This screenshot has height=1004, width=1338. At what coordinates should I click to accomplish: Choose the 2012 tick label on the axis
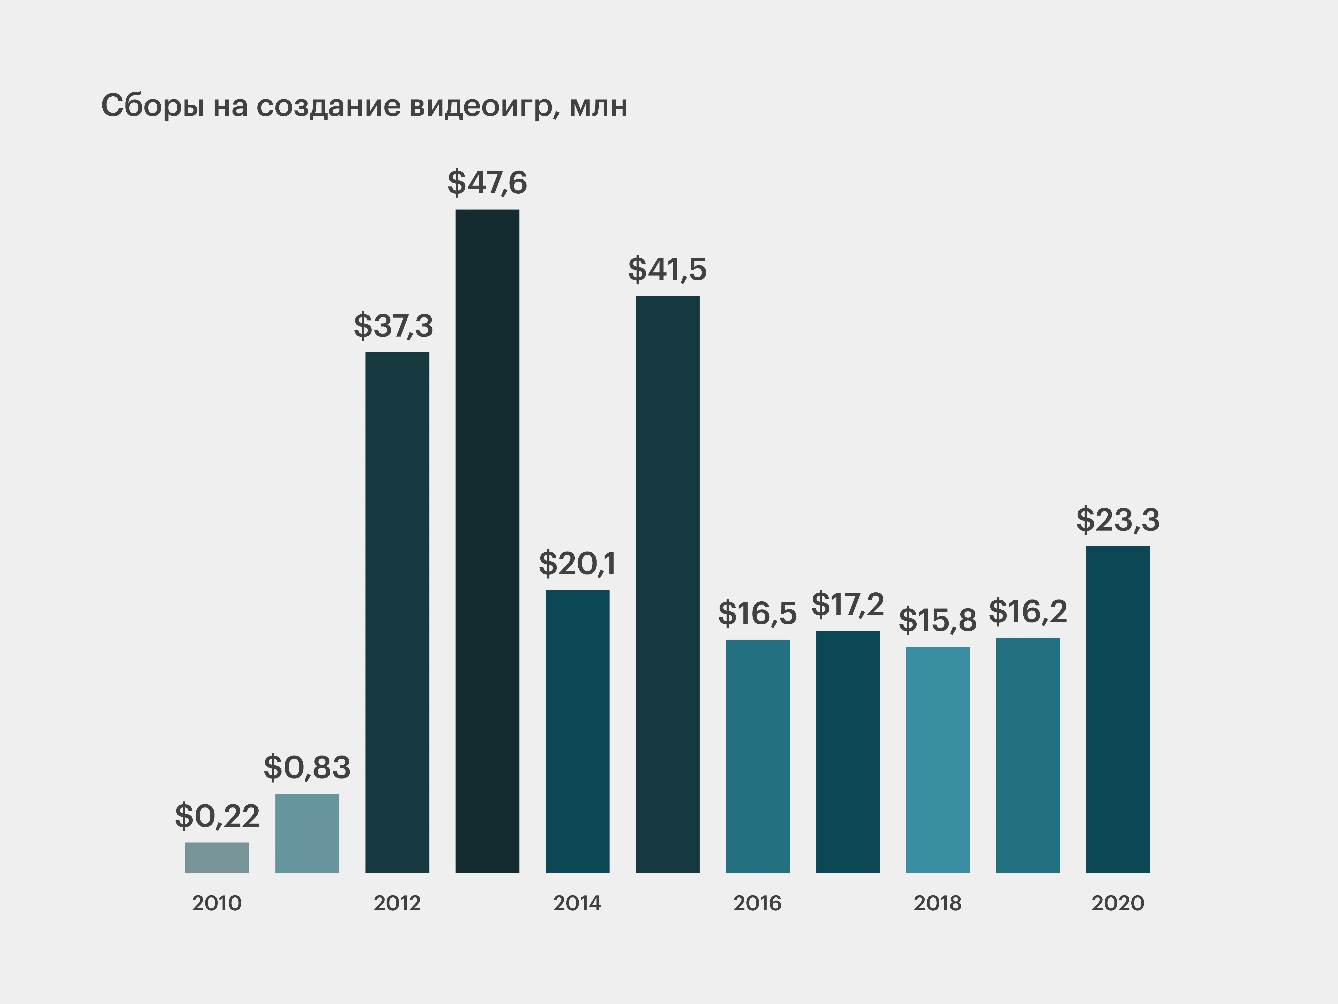tap(397, 903)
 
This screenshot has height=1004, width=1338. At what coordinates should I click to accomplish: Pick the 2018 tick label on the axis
tap(938, 903)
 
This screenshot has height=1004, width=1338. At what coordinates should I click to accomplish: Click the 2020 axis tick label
tap(1118, 903)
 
